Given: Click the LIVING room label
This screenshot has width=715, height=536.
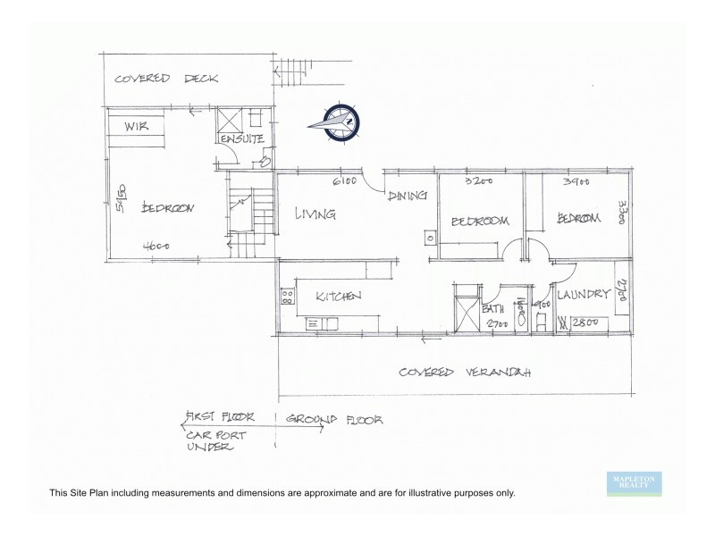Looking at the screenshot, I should point(315,214).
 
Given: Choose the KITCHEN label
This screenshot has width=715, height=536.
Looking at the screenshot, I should point(337,297).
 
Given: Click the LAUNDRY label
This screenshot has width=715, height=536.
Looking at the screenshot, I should point(583,294).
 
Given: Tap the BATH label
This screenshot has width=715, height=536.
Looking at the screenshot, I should point(493,309).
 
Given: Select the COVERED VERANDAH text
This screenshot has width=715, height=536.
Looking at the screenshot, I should point(465,371).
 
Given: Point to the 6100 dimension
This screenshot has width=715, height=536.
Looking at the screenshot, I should point(344,183).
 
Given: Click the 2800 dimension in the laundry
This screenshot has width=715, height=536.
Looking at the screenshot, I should point(585,322).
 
